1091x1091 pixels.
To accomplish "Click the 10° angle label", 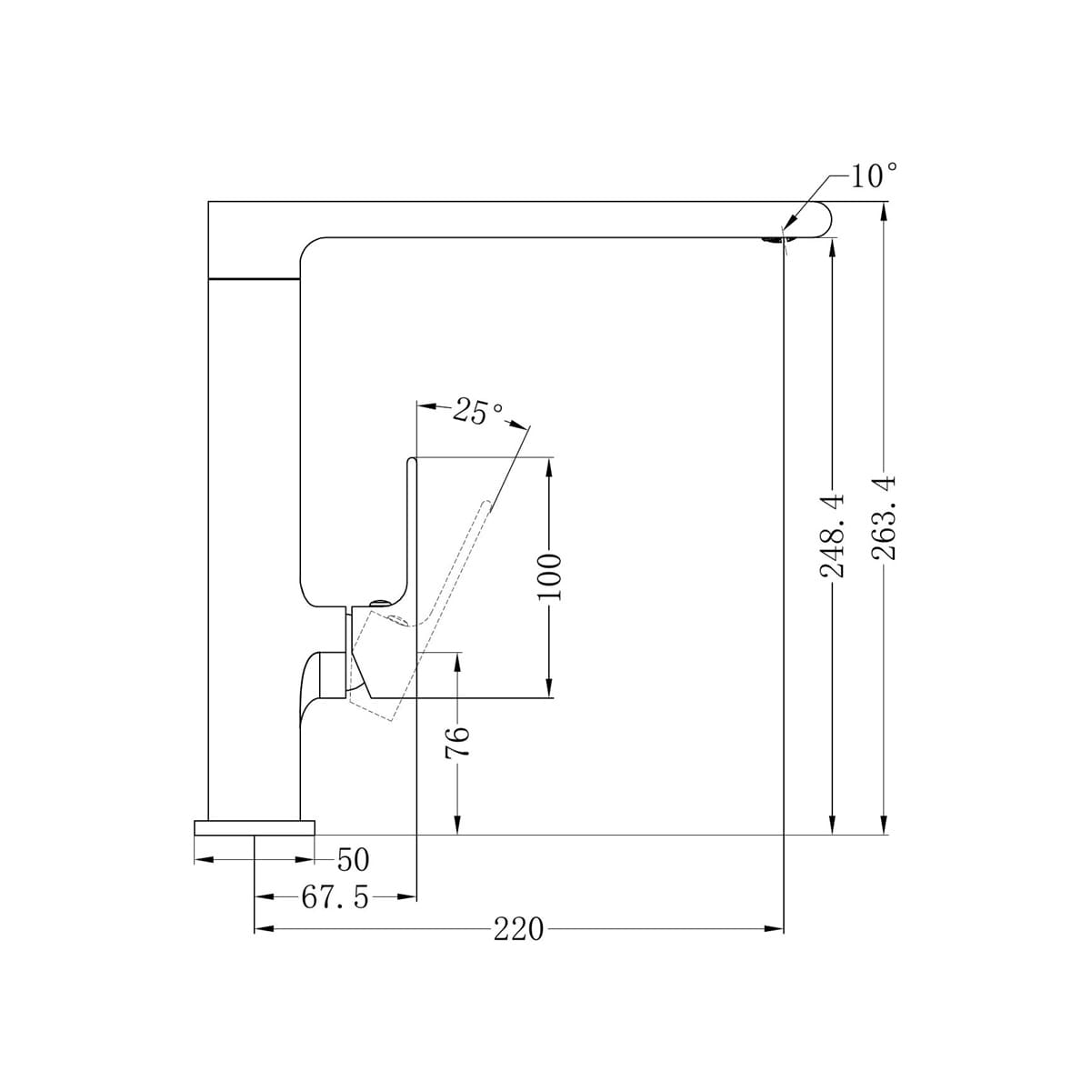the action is tap(874, 175).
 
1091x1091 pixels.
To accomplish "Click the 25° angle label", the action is tap(478, 412).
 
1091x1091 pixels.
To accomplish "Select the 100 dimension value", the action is tap(549, 577).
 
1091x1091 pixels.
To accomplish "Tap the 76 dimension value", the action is tap(458, 742).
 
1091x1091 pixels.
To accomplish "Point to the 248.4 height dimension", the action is tap(832, 535).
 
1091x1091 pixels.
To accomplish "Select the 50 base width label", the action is tap(353, 859).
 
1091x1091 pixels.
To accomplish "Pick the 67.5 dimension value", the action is tap(335, 897).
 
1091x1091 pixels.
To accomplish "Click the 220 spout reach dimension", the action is tap(518, 929).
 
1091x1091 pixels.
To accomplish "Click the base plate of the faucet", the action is tap(255, 827).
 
